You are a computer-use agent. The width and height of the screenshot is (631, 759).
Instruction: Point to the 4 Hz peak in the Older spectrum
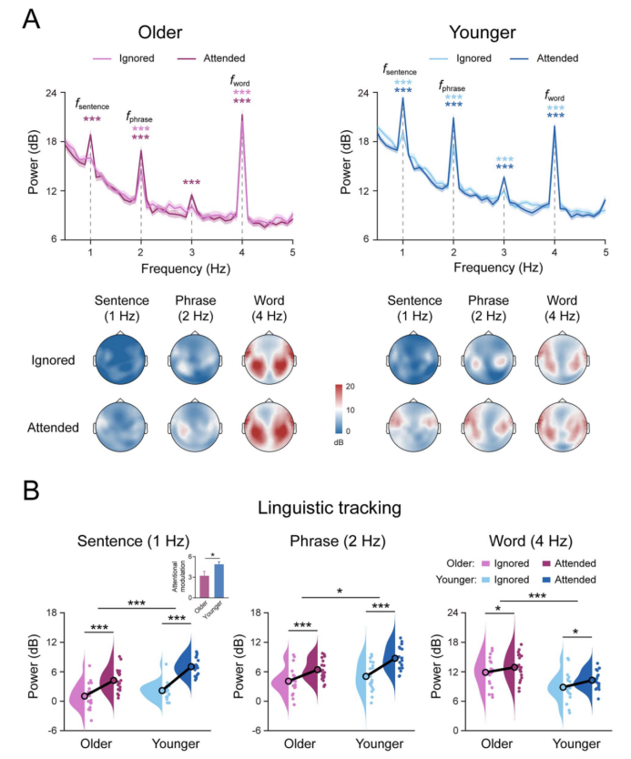(x=242, y=115)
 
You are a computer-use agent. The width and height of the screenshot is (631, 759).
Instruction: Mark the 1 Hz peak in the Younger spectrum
(x=402, y=98)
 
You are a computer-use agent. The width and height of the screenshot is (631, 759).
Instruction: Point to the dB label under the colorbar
(x=342, y=439)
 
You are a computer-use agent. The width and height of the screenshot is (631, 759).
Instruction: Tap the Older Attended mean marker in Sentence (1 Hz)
(x=114, y=681)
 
